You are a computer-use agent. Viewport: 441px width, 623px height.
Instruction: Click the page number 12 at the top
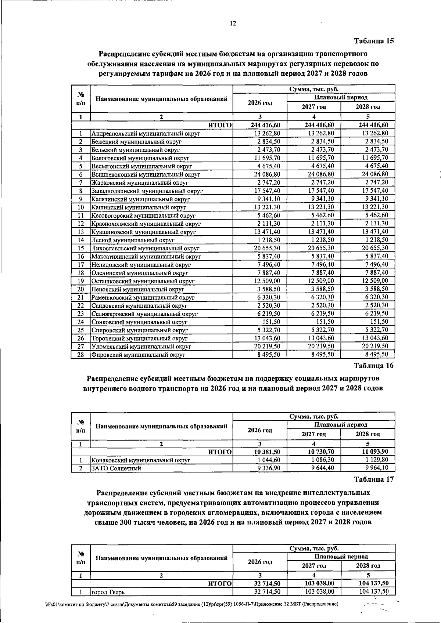click(x=233, y=23)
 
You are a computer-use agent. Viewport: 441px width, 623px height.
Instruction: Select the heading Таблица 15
click(x=374, y=41)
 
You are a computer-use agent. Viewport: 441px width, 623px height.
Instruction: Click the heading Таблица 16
click(x=373, y=366)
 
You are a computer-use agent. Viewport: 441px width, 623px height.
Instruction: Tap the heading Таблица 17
click(x=374, y=479)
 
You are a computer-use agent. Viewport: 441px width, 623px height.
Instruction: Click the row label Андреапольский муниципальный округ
click(x=146, y=134)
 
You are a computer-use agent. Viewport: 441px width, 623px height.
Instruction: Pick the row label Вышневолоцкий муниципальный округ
click(x=146, y=175)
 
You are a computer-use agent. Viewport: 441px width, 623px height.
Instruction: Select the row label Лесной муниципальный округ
click(x=133, y=240)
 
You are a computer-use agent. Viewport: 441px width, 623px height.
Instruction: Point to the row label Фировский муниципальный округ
click(x=138, y=355)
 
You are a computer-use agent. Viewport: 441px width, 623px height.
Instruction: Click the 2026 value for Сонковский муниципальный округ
click(x=272, y=322)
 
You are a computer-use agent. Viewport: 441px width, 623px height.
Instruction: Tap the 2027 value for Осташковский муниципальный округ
click(x=321, y=281)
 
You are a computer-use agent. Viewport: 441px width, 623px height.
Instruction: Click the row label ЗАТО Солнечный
click(x=116, y=468)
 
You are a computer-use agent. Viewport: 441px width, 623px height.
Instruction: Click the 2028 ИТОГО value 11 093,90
click(x=373, y=452)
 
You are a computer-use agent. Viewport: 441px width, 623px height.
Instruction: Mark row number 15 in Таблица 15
click(x=81, y=249)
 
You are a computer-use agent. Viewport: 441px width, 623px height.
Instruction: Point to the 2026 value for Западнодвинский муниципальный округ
click(x=267, y=191)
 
